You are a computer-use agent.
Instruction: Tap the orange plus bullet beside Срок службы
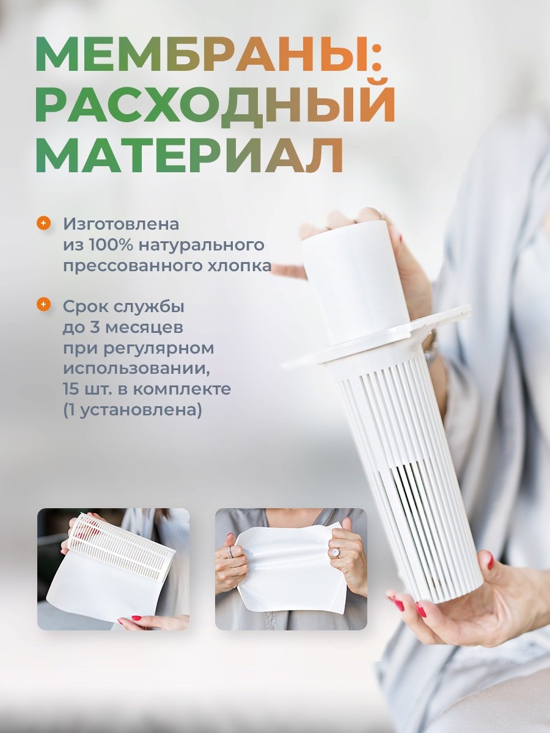[x=43, y=305]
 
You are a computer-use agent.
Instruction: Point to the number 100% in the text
[x=110, y=245]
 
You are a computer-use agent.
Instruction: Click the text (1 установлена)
[x=133, y=410]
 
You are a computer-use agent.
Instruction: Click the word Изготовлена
[x=121, y=224]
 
